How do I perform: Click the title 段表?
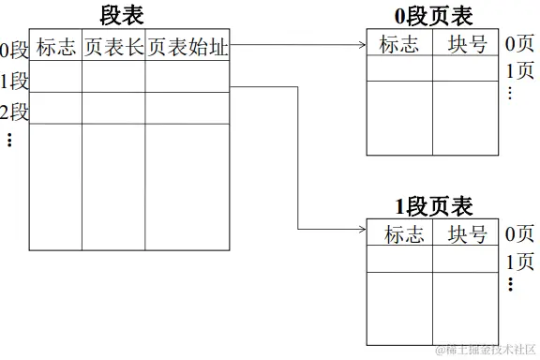click(122, 16)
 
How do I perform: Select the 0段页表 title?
click(433, 16)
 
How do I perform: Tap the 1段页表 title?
click(433, 206)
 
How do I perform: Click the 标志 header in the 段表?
click(56, 47)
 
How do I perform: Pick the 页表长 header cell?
click(113, 47)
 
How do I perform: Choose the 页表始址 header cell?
click(187, 47)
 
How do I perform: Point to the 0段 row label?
click(15, 49)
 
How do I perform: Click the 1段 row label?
click(15, 80)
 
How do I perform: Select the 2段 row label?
click(15, 112)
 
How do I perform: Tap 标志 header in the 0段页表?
click(399, 44)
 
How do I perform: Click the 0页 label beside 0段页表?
click(519, 44)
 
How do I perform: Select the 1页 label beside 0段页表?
click(519, 70)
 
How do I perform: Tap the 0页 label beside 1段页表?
click(519, 234)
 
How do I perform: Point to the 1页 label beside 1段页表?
click(519, 262)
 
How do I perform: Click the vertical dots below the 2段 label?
click(9, 140)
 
